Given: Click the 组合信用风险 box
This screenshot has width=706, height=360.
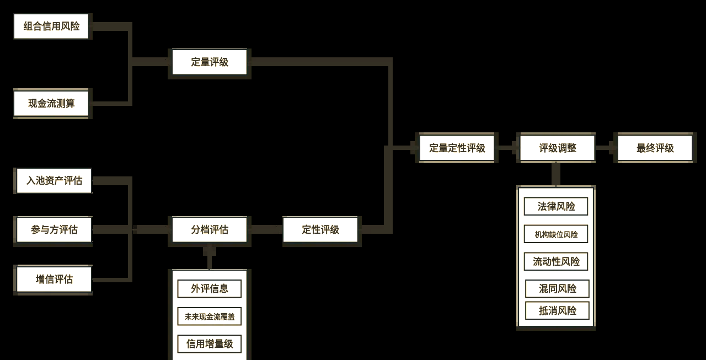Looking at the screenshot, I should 51,26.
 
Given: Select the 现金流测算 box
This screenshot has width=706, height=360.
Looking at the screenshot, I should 51,103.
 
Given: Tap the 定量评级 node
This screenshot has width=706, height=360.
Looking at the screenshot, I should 210,62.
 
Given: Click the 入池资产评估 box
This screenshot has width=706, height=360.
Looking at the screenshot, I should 54,181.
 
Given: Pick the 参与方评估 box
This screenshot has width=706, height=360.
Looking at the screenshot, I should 54,230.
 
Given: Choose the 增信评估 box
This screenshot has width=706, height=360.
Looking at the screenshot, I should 54,279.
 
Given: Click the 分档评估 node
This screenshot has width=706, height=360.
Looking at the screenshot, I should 210,230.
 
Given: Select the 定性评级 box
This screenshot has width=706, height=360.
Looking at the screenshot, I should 320,230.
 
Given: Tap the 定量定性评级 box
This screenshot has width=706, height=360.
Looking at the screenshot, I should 457,148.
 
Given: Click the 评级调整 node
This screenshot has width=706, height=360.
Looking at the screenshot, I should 557,148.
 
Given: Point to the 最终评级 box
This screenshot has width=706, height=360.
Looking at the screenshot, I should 655,148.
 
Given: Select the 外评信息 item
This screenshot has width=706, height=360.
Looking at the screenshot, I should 209,288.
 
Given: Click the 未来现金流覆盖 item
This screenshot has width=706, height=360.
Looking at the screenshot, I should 209,316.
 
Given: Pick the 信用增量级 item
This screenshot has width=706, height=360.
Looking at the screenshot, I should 209,343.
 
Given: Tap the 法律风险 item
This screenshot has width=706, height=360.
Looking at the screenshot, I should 556,206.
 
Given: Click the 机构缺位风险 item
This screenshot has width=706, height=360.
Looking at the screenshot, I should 556,234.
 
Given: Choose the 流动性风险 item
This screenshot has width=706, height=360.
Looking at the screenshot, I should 556,261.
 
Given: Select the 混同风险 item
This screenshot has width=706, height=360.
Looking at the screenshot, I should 557,288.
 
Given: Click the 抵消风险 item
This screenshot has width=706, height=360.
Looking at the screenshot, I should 557,310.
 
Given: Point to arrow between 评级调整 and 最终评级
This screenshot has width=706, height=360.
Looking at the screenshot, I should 606,148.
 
